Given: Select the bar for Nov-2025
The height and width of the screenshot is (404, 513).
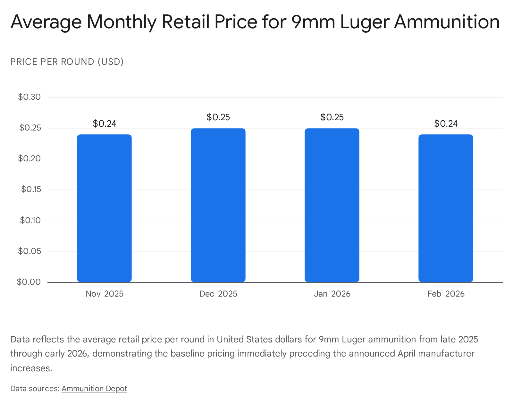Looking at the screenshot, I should click(104, 208).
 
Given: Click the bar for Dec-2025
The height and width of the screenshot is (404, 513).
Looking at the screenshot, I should click(218, 205).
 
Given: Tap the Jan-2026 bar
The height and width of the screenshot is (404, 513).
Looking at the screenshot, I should click(332, 205).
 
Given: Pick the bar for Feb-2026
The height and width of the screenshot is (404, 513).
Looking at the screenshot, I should click(446, 208).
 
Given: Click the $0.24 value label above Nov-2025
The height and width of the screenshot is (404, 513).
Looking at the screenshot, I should click(104, 123).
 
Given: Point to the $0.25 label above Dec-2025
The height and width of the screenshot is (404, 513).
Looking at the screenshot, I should click(218, 117).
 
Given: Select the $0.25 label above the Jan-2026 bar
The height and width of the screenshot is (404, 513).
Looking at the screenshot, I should click(332, 117).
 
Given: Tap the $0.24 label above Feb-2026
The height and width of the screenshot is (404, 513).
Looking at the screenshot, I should click(446, 123).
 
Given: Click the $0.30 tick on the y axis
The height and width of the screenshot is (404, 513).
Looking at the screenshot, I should click(29, 97).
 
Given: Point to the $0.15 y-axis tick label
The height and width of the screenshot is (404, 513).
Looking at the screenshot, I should click(31, 189).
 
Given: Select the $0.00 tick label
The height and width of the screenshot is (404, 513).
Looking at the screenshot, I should click(29, 282).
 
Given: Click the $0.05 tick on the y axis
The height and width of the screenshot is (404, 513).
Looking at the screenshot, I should click(29, 251).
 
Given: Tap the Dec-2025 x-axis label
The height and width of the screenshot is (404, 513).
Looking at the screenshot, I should click(218, 294).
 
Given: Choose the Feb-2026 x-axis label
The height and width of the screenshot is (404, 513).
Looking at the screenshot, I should click(446, 294).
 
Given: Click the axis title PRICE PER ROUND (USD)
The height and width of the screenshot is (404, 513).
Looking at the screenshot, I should click(67, 62).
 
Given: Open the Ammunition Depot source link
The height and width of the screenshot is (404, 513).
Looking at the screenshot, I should click(94, 389).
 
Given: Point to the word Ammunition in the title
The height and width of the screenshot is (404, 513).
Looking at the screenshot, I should click(447, 22).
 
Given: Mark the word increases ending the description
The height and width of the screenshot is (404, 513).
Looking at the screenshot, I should click(31, 368).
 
